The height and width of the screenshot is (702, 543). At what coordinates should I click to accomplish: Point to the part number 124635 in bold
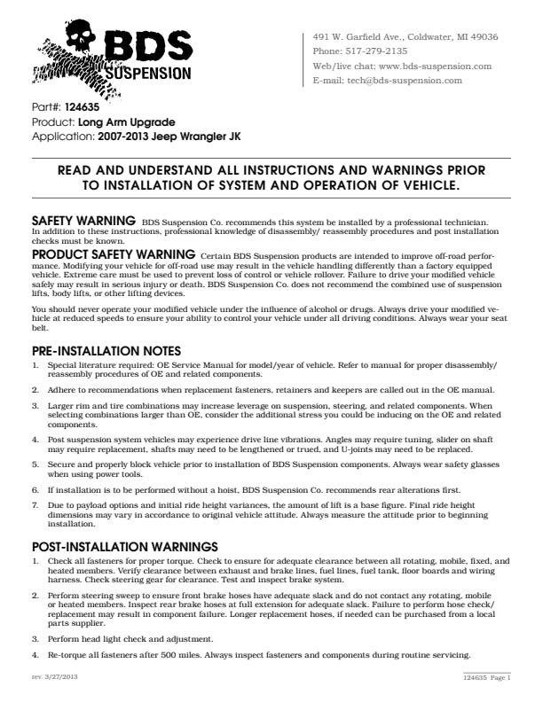point(83,107)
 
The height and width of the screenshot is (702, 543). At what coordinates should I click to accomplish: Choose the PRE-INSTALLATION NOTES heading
point(106,351)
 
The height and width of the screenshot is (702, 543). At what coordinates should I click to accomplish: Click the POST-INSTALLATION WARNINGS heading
point(125,546)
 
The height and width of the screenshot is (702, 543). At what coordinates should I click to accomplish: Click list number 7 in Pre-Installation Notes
point(35,504)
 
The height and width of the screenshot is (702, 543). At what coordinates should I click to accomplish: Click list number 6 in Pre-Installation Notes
point(35,489)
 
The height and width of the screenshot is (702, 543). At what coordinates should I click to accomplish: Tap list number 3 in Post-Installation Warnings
point(35,638)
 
